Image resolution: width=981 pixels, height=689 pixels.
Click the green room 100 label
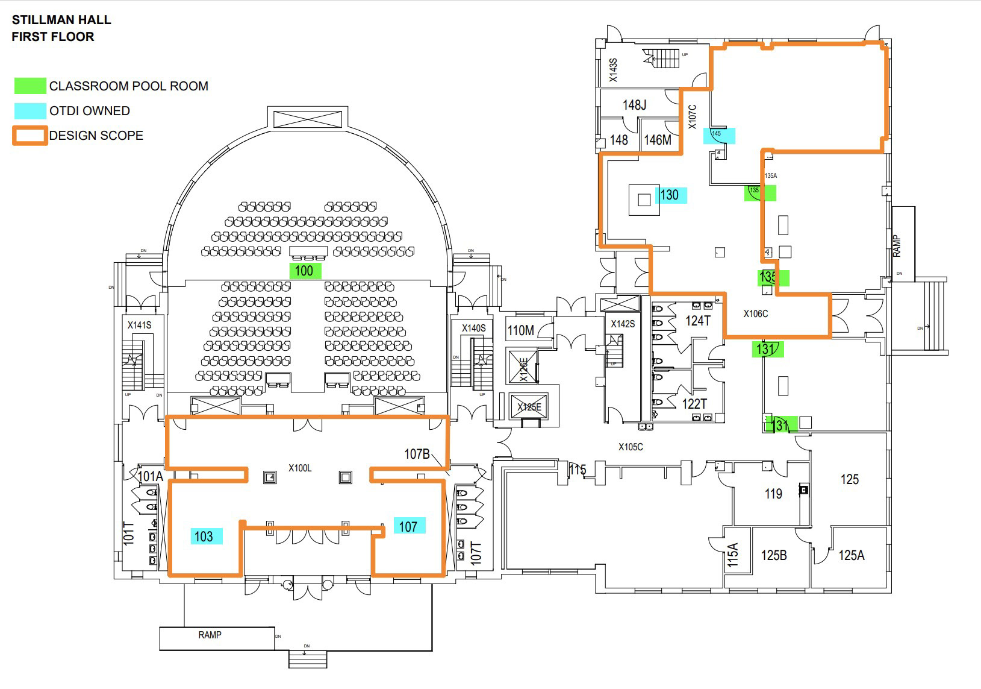(x=305, y=271)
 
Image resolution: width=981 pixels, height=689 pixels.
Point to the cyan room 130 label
(x=670, y=195)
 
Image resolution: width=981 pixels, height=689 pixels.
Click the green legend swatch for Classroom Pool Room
(x=30, y=86)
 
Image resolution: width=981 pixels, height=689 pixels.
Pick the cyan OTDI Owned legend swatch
(x=30, y=111)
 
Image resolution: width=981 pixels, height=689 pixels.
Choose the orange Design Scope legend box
(x=30, y=136)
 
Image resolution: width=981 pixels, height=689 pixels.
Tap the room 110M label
(x=521, y=330)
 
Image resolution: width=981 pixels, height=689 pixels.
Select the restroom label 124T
(x=698, y=321)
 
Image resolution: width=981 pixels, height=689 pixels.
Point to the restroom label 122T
(x=694, y=404)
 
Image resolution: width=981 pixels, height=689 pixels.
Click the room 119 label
(x=773, y=494)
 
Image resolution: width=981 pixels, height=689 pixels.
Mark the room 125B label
(x=774, y=555)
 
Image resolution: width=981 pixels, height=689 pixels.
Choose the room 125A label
(x=851, y=555)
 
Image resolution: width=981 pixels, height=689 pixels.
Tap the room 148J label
(x=634, y=105)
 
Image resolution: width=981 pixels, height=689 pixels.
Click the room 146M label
(x=658, y=140)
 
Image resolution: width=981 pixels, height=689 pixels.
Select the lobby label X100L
(x=300, y=468)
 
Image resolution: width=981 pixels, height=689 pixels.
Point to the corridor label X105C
(x=631, y=447)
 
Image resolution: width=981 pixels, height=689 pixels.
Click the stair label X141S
(x=139, y=325)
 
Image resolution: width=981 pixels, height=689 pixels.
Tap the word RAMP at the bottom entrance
(x=210, y=635)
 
